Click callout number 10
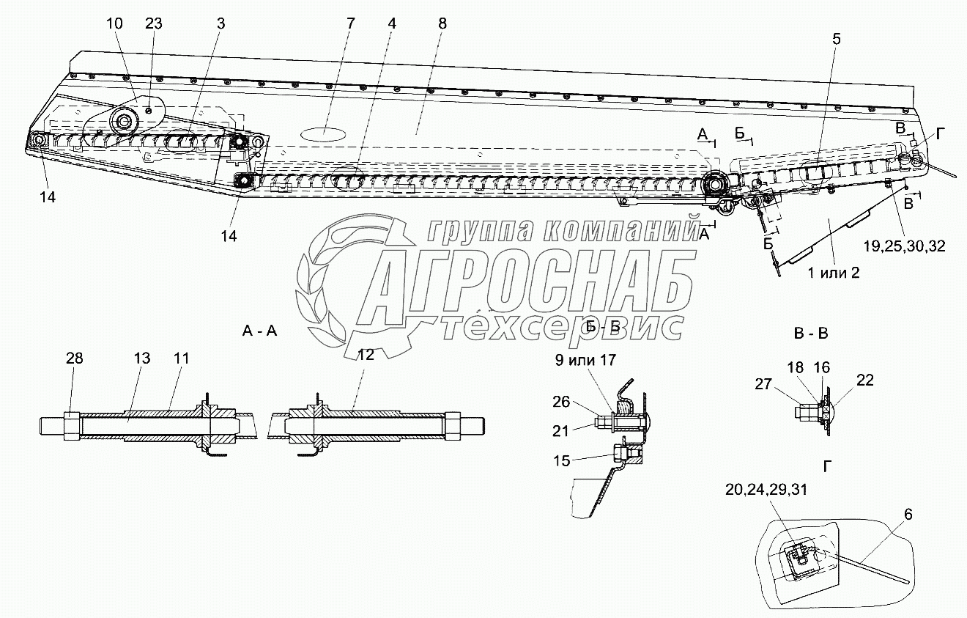coord(114,23)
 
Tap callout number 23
coord(153,23)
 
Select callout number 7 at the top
coord(349,23)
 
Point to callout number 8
coord(442,23)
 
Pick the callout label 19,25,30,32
coord(905,246)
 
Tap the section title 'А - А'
coord(259,331)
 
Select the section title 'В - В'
coord(811,334)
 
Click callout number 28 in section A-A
coord(74,358)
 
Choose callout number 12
coord(366,355)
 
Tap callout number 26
coord(561,401)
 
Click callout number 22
coord(864,380)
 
